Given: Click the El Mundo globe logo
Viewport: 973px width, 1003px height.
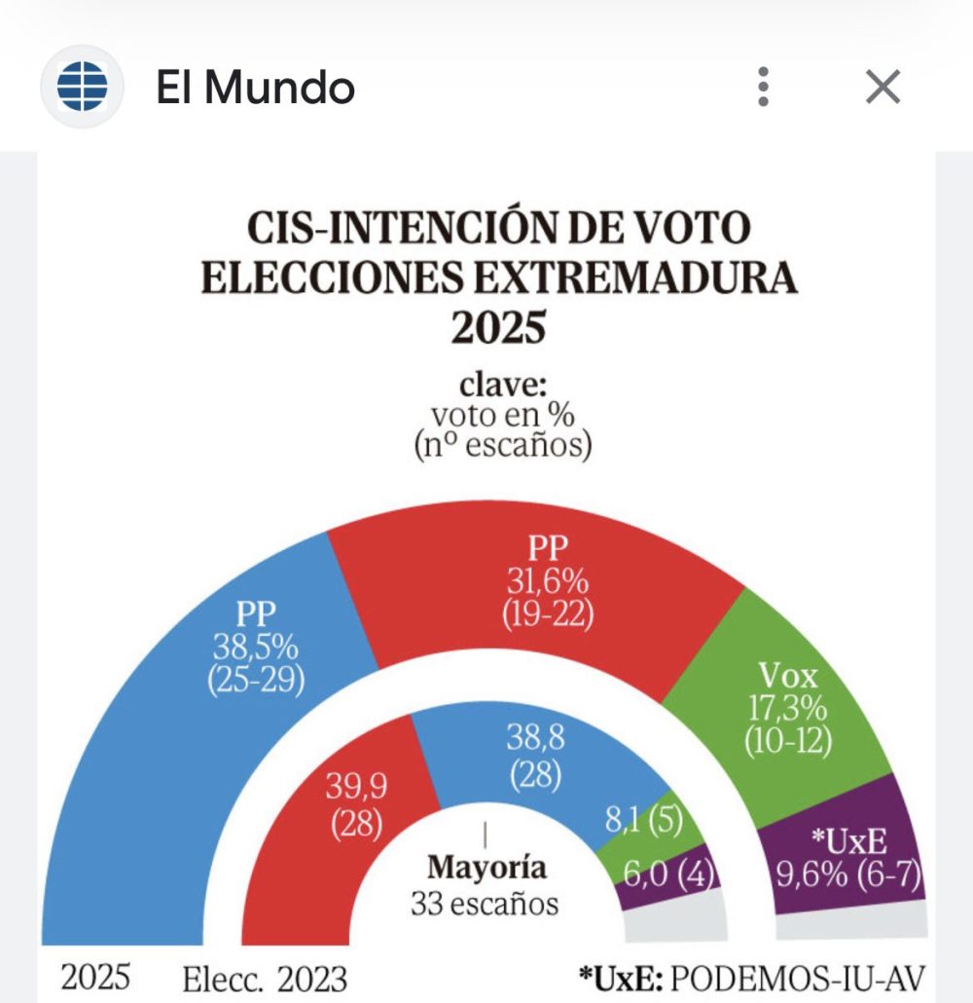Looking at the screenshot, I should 82,88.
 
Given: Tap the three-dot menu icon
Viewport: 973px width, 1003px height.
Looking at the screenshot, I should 764,88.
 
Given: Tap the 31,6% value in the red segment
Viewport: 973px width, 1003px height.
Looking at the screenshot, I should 547,581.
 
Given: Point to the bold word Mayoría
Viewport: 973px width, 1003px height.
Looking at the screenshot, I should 486,867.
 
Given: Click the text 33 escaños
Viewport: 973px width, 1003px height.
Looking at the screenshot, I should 485,903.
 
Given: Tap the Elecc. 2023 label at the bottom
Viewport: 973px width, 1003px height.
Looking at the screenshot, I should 265,977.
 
